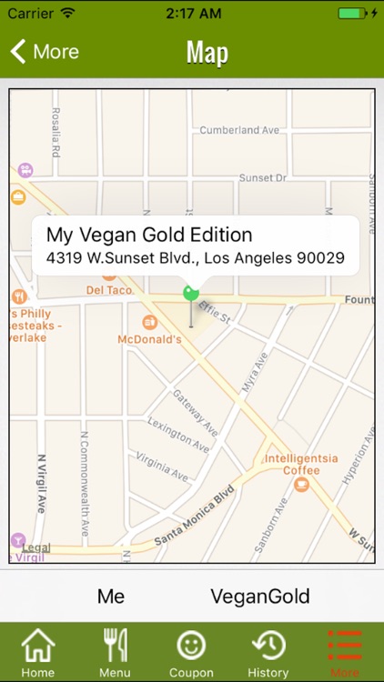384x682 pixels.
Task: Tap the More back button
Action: point(44,52)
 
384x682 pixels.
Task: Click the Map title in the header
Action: point(207,52)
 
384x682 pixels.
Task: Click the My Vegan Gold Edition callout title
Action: point(149,235)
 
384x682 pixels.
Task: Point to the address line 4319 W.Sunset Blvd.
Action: point(196,258)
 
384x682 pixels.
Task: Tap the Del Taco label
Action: point(109,290)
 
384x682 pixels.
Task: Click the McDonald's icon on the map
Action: point(149,322)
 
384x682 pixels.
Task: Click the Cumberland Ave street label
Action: point(240,130)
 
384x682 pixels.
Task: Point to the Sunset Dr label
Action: point(263,178)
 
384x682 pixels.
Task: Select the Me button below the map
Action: point(111,597)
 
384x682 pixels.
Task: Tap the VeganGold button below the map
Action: point(260,597)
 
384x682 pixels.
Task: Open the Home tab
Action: point(37,652)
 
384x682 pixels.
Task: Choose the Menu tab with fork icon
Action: point(115,652)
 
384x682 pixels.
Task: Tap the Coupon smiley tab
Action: point(191,652)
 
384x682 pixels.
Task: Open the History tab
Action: point(268,652)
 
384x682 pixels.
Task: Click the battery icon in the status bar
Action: point(352,14)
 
